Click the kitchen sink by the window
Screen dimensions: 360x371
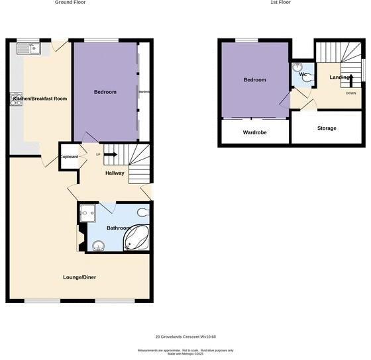tap(29, 48)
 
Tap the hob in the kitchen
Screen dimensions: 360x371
tap(16, 99)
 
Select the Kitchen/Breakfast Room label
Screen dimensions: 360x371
tap(36, 99)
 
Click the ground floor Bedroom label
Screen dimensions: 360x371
tap(105, 92)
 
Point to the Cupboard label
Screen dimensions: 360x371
tap(70, 157)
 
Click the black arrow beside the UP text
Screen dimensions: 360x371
tap(110, 155)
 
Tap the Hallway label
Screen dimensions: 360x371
tap(115, 173)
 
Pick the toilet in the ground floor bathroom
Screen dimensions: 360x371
tap(143, 212)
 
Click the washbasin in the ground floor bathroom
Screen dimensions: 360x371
tap(99, 246)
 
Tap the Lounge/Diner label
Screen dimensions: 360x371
tap(80, 277)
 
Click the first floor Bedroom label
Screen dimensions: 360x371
tap(254, 80)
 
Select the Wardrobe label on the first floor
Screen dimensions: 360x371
tap(254, 132)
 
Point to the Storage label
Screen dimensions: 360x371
tap(327, 128)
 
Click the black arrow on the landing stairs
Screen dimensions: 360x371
tap(351, 79)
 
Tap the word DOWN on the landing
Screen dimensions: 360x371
tap(351, 93)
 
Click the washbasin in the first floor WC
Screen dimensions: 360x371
tap(297, 67)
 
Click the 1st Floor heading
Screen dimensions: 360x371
tap(280, 3)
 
